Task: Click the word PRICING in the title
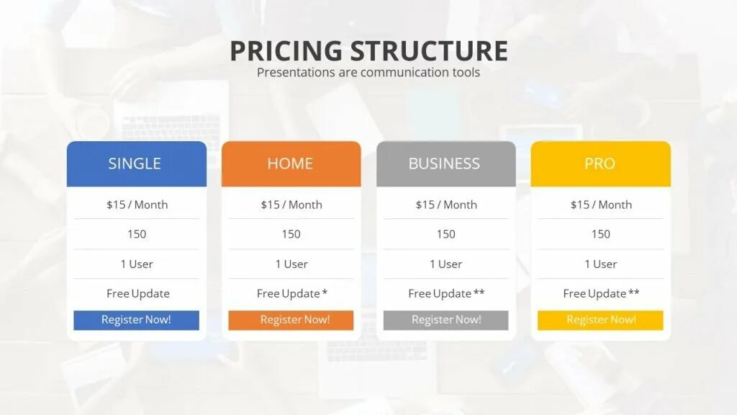pos(286,51)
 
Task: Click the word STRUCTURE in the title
pos(429,51)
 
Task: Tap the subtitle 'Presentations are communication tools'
pos(368,72)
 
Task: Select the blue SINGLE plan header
pos(135,164)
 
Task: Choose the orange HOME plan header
pos(290,164)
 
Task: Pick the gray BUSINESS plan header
pos(444,164)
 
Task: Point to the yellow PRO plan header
pos(600,164)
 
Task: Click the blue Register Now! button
pos(136,320)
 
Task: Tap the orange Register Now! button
pos(291,320)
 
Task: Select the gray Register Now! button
pos(446,320)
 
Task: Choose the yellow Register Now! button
pos(601,320)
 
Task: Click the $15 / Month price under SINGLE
pos(137,205)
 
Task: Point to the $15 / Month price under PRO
pos(601,205)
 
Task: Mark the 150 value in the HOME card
pos(291,234)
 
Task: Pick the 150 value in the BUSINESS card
pos(446,234)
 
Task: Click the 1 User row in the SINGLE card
pos(137,264)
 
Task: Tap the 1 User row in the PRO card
pos(601,264)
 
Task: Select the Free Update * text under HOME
pos(292,293)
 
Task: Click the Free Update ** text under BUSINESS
pos(446,293)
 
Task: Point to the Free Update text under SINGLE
pos(138,293)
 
